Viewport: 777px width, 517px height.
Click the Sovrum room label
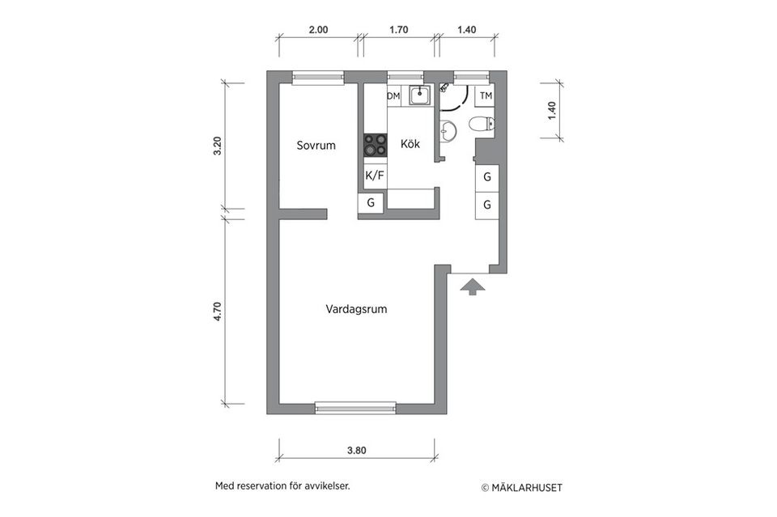316,146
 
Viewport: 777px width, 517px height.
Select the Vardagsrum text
356,308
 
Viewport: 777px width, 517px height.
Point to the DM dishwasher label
393,96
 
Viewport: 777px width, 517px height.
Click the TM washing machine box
486,96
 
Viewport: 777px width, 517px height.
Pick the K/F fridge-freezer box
375,175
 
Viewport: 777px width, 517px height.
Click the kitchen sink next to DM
419,95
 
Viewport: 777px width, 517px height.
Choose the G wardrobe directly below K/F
371,203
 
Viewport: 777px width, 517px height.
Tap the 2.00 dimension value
318,30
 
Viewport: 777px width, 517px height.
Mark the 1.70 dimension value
398,30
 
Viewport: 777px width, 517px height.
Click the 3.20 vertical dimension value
216,146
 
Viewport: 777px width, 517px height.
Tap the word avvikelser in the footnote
325,487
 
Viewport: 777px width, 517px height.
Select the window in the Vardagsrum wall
355,407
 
